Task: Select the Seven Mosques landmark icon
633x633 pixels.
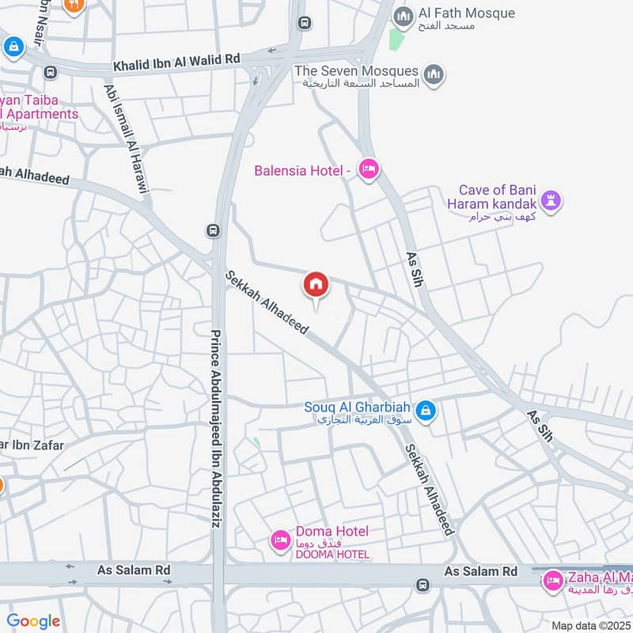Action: pos(432,75)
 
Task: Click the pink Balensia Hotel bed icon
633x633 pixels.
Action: pos(368,169)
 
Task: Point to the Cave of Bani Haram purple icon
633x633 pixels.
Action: pos(552,199)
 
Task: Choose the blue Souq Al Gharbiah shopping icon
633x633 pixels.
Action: pos(426,411)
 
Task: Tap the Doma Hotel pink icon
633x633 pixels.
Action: pos(279,540)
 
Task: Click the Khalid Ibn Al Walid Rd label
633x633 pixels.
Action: pos(176,59)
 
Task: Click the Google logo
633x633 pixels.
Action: pos(33,621)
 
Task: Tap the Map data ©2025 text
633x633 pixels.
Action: pos(591,625)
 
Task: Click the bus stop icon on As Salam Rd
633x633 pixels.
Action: pos(423,585)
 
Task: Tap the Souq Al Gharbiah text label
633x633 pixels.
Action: pos(358,408)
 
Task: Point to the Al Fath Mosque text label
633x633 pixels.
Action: pos(467,13)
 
